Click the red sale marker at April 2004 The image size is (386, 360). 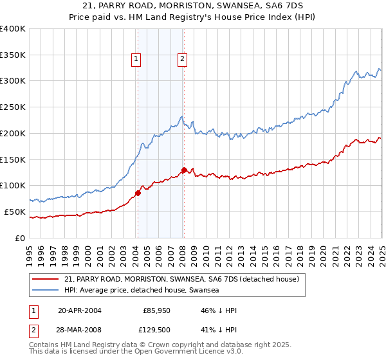tap(138, 193)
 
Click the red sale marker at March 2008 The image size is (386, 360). tap(184, 170)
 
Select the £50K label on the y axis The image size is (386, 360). tap(15, 212)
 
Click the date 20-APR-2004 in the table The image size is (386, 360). tap(80, 310)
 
